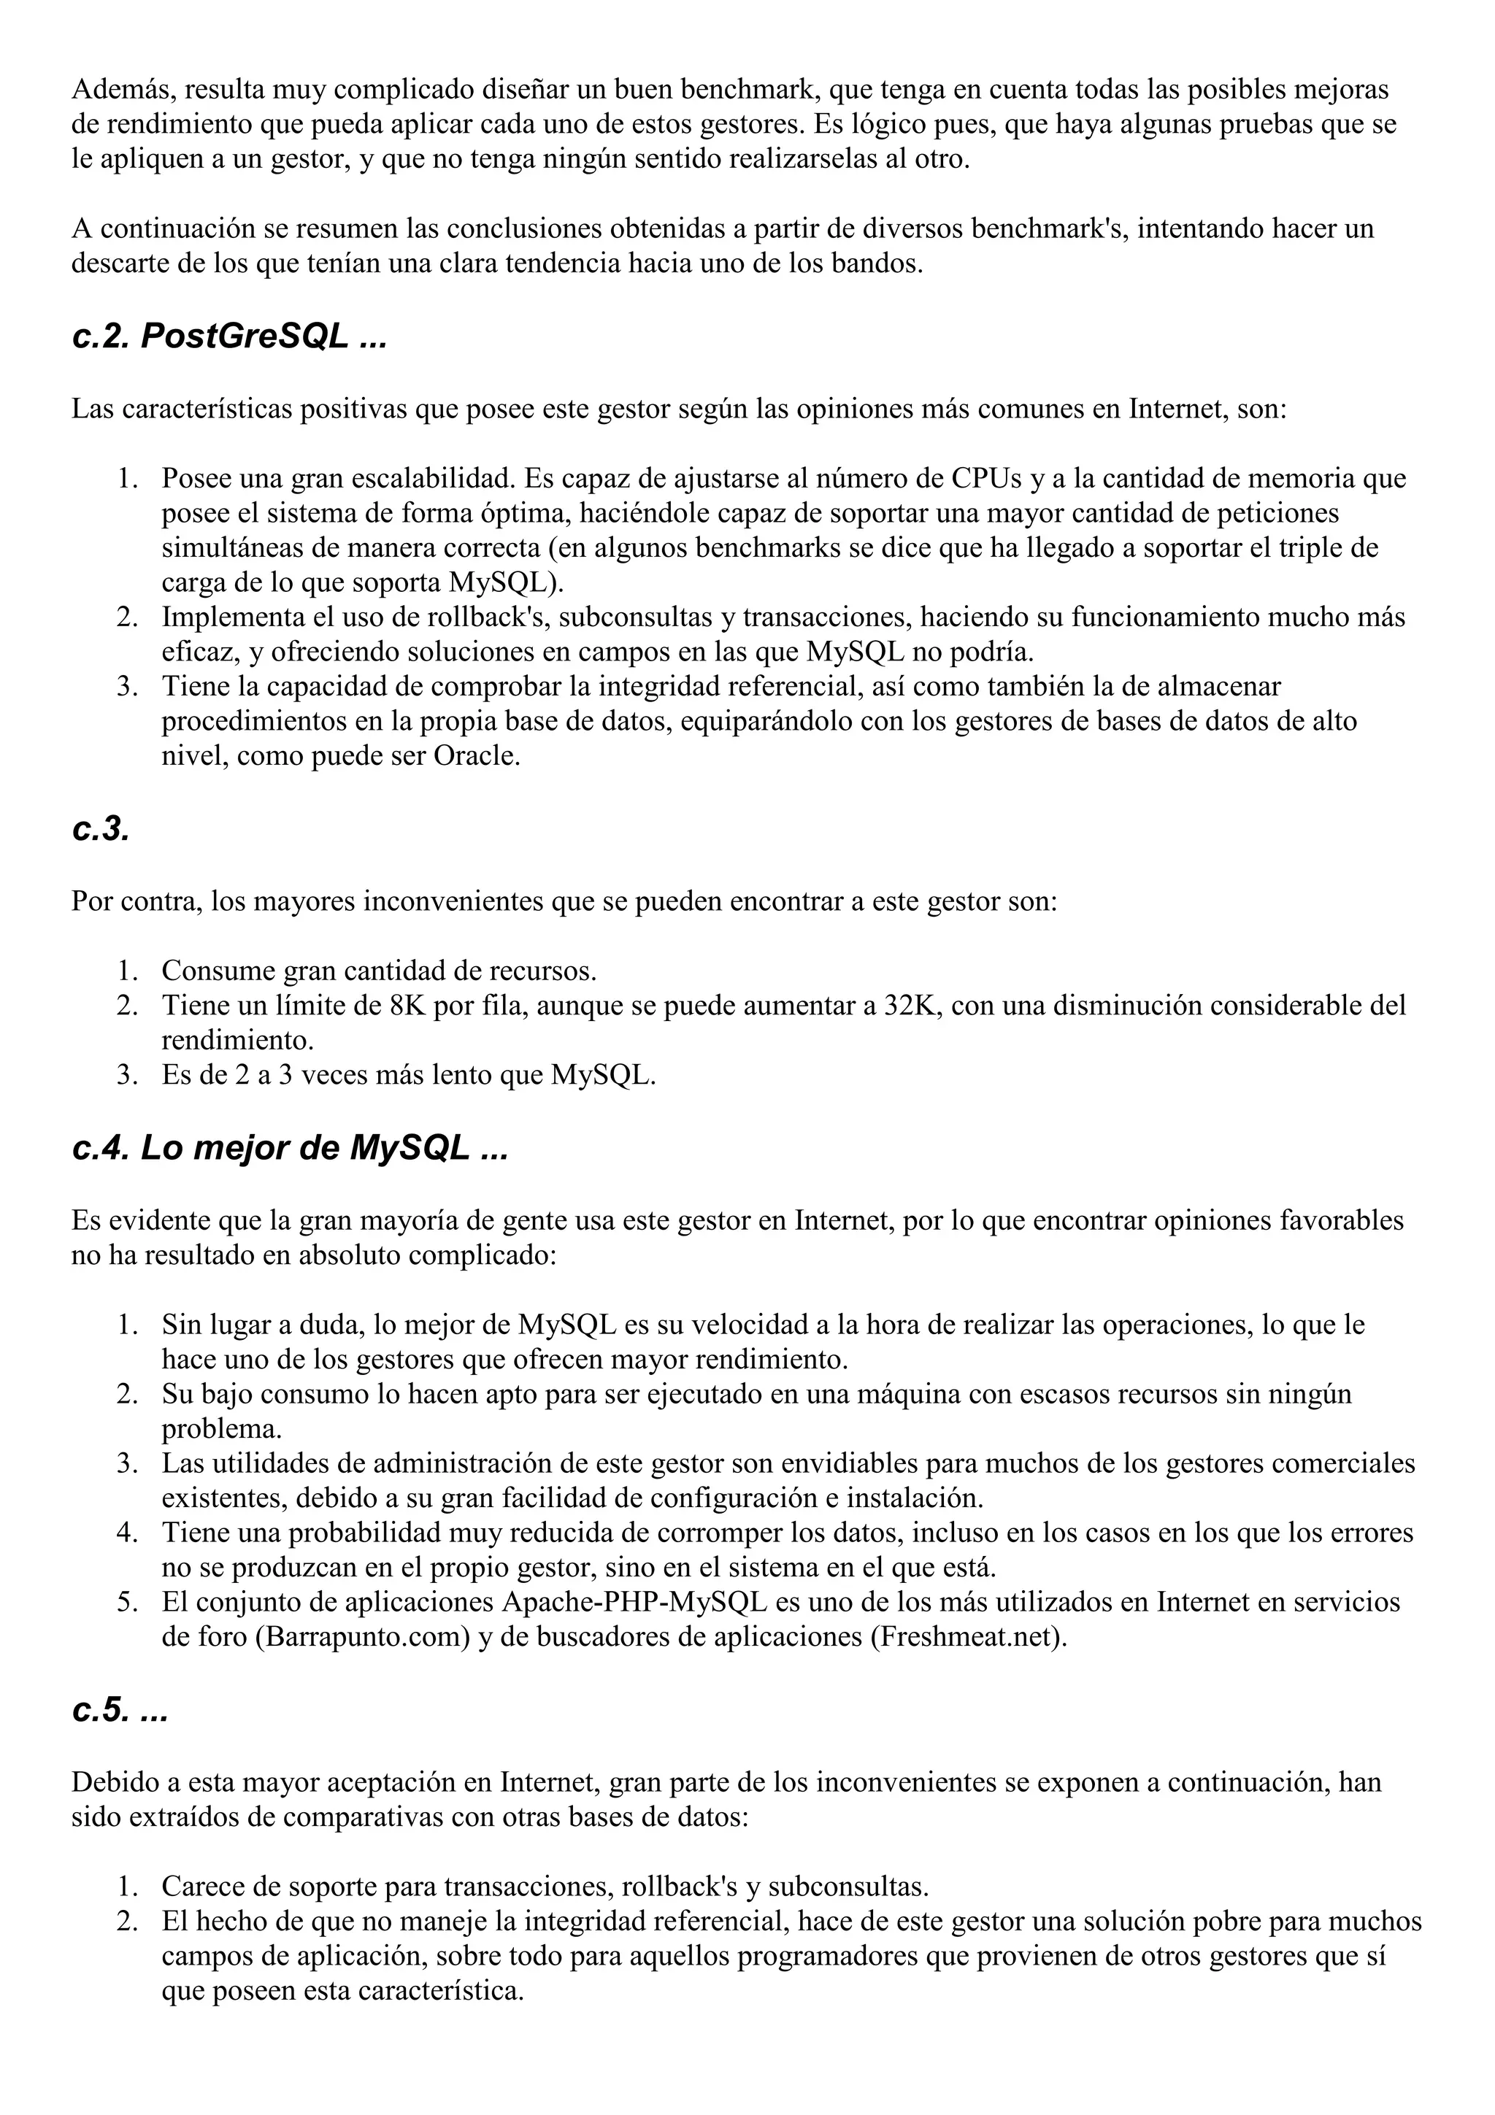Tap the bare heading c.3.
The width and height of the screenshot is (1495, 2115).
[x=101, y=829]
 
